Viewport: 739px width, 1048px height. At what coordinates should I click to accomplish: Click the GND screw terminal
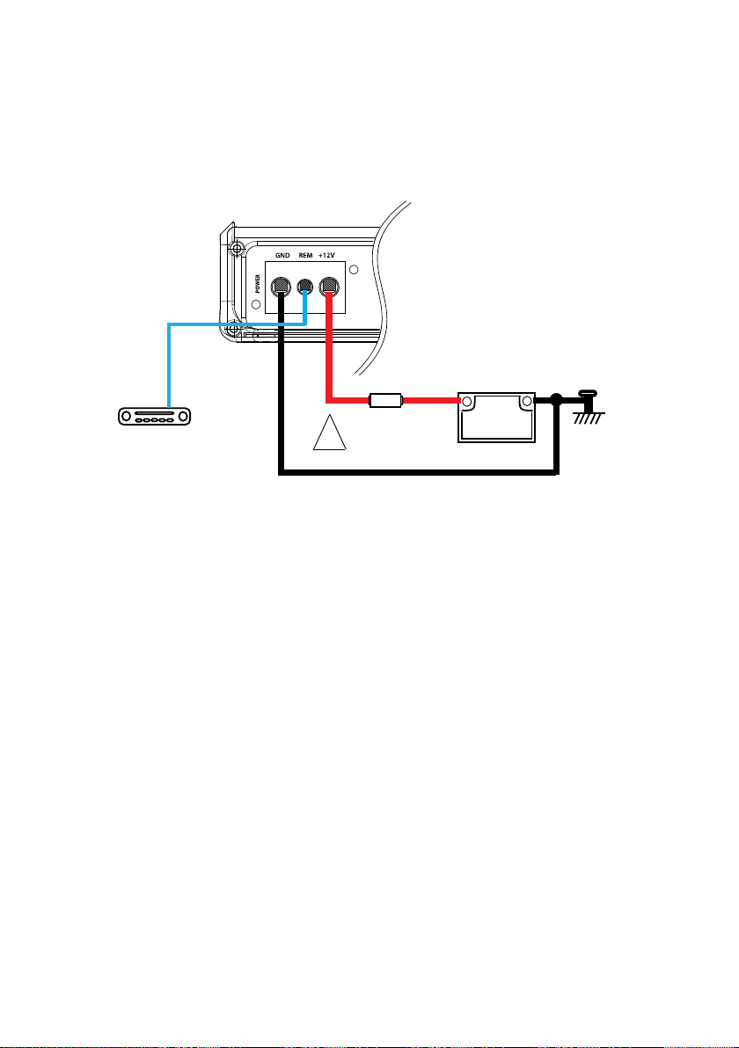pyautogui.click(x=281, y=286)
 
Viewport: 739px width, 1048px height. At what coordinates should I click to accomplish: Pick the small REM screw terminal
pyautogui.click(x=305, y=287)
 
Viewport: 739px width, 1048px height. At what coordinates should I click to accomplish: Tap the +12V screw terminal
pyautogui.click(x=330, y=286)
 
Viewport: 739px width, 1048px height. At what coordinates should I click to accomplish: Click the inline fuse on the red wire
pyautogui.click(x=385, y=402)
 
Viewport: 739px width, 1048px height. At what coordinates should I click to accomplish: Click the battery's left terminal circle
pyautogui.click(x=468, y=402)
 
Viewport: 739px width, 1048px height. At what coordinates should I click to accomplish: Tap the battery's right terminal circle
pyautogui.click(x=526, y=402)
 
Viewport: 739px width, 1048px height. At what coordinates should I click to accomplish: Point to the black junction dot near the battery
pyautogui.click(x=556, y=402)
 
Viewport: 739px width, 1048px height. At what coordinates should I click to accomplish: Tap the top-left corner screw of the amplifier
pyautogui.click(x=235, y=249)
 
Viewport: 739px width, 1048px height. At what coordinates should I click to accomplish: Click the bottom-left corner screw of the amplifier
pyautogui.click(x=235, y=331)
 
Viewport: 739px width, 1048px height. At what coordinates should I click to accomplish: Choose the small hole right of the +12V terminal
pyautogui.click(x=354, y=270)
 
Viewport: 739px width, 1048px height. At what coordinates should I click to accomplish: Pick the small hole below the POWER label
pyautogui.click(x=256, y=305)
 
